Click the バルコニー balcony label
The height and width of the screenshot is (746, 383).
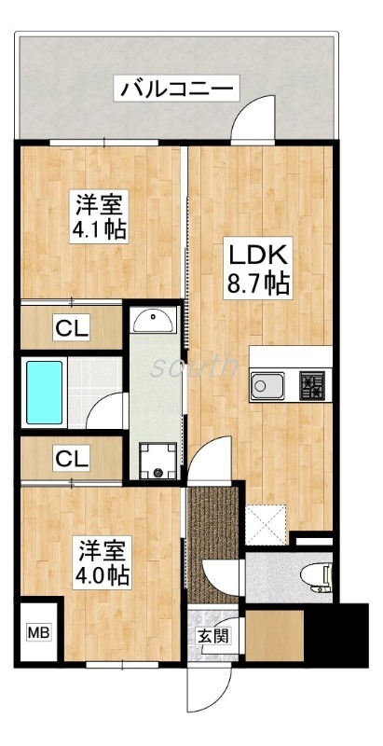coord(177,90)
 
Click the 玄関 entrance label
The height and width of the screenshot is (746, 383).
coord(210,636)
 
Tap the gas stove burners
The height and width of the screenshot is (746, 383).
coord(311,384)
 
